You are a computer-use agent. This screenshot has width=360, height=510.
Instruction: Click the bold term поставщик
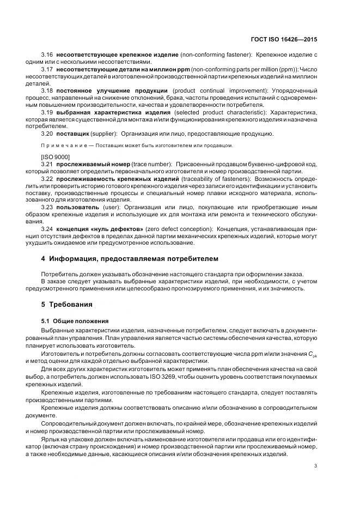point(70,133)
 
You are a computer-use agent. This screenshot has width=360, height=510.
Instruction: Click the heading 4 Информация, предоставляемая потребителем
point(130,258)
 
